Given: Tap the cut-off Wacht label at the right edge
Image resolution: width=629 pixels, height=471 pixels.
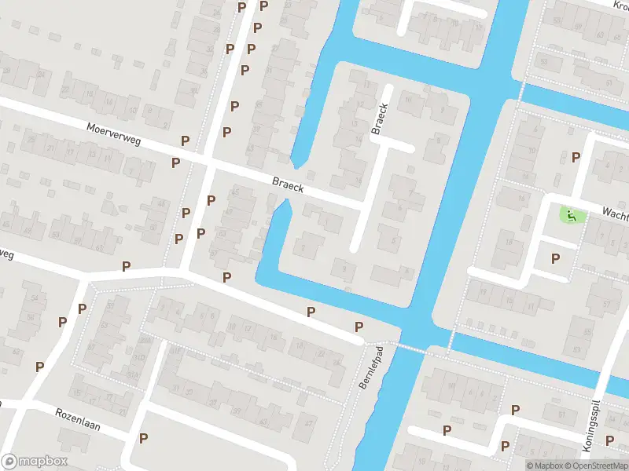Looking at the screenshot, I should coord(616,212).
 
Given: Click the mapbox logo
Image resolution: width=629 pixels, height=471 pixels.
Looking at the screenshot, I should coord(35,462).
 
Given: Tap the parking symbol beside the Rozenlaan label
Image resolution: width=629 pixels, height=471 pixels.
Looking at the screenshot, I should coord(143,438).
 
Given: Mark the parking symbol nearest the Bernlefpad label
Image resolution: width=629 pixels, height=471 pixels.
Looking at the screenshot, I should coord(359,327).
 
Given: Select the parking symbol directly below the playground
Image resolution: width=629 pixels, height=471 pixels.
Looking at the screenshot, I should coord(556,258).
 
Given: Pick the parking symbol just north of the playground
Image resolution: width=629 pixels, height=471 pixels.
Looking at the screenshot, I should coord(576,158).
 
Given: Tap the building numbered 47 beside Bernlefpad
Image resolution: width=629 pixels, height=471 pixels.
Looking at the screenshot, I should coord(309,424).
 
